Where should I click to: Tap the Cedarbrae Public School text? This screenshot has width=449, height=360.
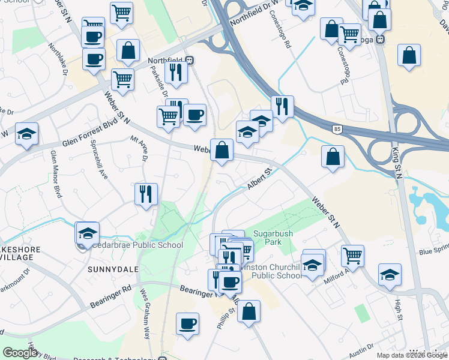tap(137, 245)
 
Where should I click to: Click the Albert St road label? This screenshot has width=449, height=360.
tap(260, 179)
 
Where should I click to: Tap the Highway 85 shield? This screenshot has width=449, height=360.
tap(337, 128)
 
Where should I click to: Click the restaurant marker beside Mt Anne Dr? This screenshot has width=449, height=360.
tap(146, 194)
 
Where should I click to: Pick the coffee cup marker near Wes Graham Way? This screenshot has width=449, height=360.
tap(187, 323)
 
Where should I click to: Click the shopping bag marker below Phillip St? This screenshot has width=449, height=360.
tap(249, 311)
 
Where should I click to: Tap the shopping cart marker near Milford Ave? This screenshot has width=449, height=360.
tap(352, 256)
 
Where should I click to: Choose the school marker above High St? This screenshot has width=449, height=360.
tap(390, 274)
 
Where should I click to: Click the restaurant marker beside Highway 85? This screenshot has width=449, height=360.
tap(282, 107)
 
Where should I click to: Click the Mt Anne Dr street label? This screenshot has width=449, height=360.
tap(144, 149)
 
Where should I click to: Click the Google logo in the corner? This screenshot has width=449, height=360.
tap(20, 353)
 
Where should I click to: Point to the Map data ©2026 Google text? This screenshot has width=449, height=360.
tap(412, 355)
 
